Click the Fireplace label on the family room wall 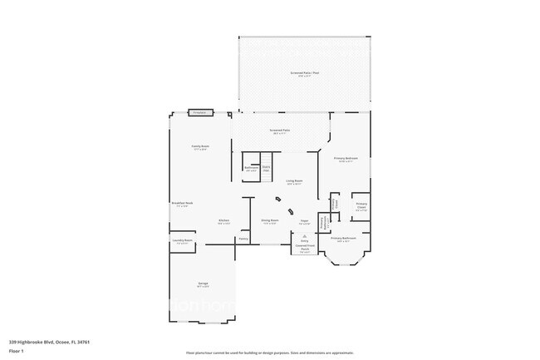click(199, 112)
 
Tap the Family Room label click(200, 147)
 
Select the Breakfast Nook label click(182, 204)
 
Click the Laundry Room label click(184, 241)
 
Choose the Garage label click(203, 284)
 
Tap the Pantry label click(243, 239)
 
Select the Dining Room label click(271, 221)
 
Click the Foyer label click(305, 221)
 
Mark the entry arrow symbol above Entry click(304, 236)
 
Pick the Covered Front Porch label click(305, 247)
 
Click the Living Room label click(294, 181)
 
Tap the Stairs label click(267, 169)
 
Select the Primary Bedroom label click(344, 159)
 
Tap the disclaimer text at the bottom click(270, 353)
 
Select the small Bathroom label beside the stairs click(251, 169)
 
